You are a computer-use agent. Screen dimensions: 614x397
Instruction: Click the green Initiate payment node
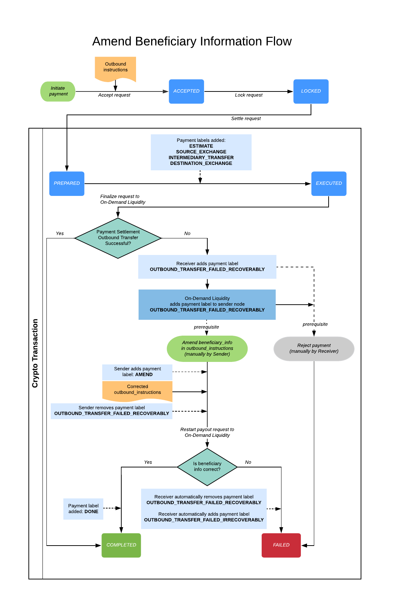tap(58, 91)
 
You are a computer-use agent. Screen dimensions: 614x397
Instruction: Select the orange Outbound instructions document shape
tap(115, 68)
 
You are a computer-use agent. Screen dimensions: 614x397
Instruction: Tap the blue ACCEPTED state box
tap(186, 91)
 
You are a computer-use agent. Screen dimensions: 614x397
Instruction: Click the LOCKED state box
tap(311, 91)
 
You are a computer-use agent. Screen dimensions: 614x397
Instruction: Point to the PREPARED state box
tap(67, 184)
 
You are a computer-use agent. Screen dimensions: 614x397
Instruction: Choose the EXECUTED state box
tap(329, 184)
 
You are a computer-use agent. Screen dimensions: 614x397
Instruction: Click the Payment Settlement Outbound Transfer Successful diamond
tap(118, 238)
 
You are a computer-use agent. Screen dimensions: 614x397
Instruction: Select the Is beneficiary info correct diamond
tap(207, 467)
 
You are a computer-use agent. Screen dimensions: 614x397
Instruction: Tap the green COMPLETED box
tap(121, 545)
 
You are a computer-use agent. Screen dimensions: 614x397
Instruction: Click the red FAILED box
tap(281, 545)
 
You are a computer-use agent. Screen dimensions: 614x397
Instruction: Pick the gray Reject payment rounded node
tap(314, 349)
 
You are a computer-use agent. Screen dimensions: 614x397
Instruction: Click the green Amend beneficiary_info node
tap(207, 349)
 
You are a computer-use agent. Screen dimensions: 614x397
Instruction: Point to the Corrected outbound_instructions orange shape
tap(137, 390)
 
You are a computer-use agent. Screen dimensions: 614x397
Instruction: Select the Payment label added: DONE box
tap(83, 509)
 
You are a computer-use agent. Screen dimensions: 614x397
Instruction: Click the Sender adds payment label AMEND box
tap(137, 372)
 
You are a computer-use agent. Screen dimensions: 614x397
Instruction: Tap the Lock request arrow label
tap(249, 95)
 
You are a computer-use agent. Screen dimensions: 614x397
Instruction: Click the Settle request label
tap(246, 119)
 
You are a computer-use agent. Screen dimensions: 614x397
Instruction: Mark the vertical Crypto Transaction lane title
tap(35, 353)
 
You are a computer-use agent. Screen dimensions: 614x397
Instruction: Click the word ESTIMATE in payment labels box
tap(201, 146)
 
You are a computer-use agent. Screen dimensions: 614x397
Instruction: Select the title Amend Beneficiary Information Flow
tap(192, 41)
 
